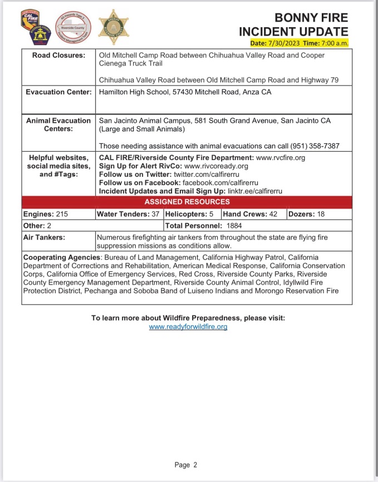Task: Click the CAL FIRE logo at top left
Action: click(30, 18)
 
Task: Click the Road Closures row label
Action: click(59, 56)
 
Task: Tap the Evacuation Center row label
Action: click(58, 92)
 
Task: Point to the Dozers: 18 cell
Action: click(306, 213)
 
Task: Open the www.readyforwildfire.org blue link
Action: click(188, 327)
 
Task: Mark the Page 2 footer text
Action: click(185, 465)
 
